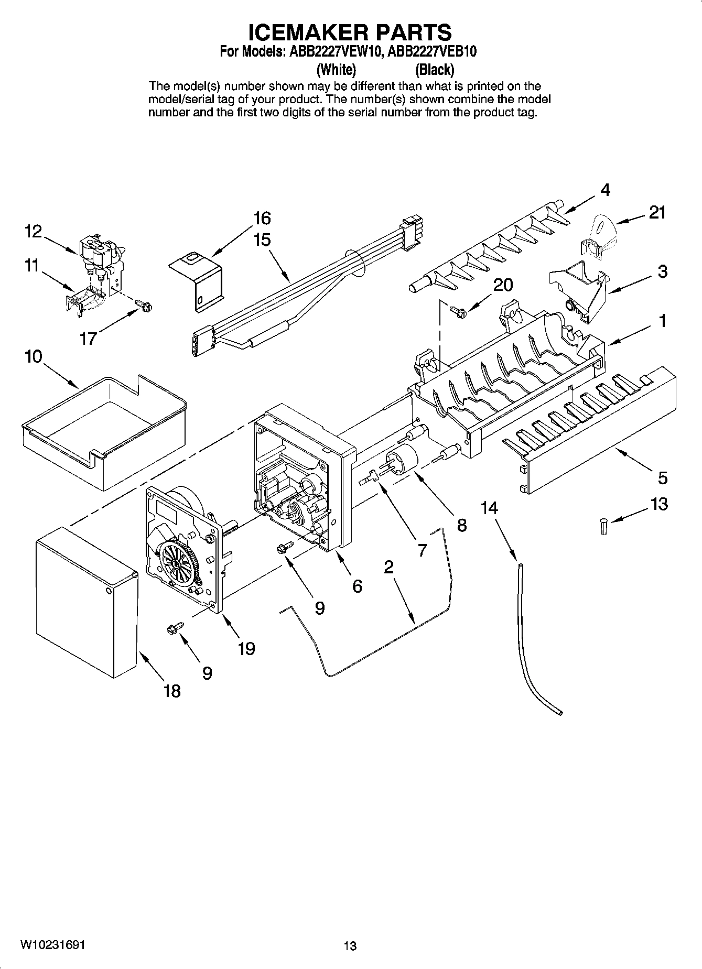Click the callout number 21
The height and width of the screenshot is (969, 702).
657,213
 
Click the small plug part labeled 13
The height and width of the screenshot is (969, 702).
603,526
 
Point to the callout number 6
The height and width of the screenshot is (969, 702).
357,586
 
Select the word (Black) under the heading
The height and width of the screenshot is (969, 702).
434,69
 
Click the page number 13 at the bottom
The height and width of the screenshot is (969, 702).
350,946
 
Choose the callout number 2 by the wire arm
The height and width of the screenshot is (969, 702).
388,567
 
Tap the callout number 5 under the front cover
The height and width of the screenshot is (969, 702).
663,478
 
